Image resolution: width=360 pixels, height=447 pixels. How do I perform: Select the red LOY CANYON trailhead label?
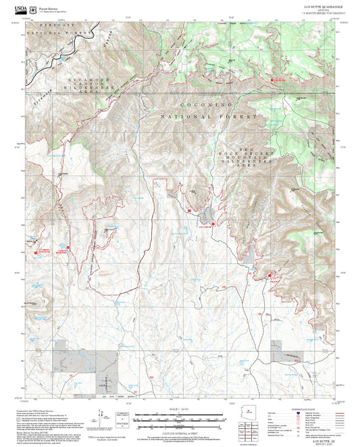coord(203,227)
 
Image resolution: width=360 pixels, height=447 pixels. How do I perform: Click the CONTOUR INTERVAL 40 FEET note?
coord(180,433)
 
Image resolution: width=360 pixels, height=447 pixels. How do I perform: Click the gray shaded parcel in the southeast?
coord(276,350)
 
